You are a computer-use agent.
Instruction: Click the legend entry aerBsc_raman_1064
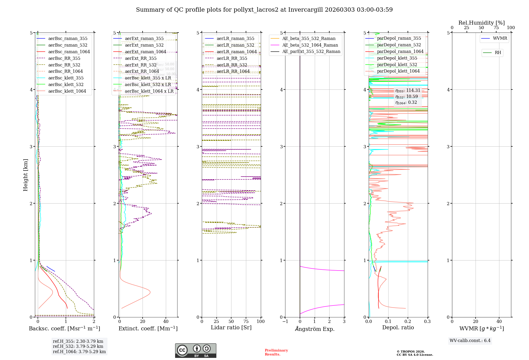pyautogui.click(x=69, y=52)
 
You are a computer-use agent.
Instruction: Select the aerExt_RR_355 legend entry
pyautogui.click(x=141, y=58)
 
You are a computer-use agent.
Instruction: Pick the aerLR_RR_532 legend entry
pyautogui.click(x=232, y=65)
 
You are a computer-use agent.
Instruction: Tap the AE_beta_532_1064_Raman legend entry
pyautogui.click(x=310, y=45)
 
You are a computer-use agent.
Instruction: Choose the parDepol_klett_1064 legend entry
pyautogui.click(x=398, y=71)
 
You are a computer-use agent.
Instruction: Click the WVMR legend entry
pyautogui.click(x=500, y=38)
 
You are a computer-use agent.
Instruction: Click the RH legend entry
pyautogui.click(x=498, y=53)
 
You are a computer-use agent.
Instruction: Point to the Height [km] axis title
pyautogui.click(x=25, y=175)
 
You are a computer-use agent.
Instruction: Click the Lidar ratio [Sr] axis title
pyautogui.click(x=231, y=327)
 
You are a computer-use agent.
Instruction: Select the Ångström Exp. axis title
pyautogui.click(x=315, y=329)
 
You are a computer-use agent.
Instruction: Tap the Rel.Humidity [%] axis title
pyautogui.click(x=481, y=23)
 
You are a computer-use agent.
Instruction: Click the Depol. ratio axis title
pyautogui.click(x=398, y=327)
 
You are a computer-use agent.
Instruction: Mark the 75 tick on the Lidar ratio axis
pyautogui.click(x=246, y=321)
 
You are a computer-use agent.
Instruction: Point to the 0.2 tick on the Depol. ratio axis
pyautogui.click(x=408, y=321)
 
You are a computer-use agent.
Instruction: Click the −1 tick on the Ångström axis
pyautogui.click(x=285, y=321)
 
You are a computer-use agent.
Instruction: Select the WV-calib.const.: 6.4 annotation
pyautogui.click(x=470, y=340)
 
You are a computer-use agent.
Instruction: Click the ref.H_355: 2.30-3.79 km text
pyautogui.click(x=78, y=341)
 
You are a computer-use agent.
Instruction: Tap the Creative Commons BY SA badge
pyautogui.click(x=196, y=351)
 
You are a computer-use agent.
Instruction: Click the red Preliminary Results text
pyautogui.click(x=276, y=352)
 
